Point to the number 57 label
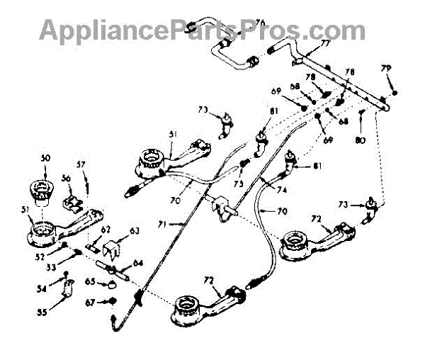(x=81, y=164)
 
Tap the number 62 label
(x=106, y=229)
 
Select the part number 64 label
(x=137, y=264)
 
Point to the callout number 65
(x=89, y=282)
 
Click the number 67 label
(x=89, y=303)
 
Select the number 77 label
(x=325, y=43)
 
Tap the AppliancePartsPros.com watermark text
(x=202, y=30)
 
